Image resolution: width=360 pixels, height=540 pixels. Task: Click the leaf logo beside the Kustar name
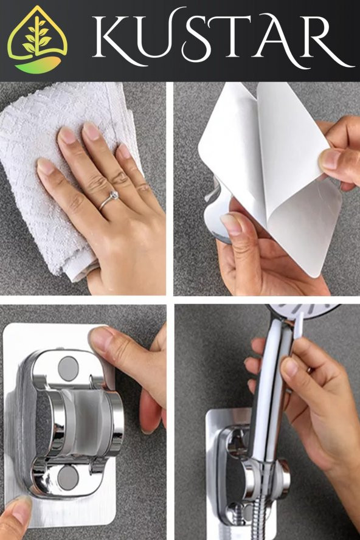37,40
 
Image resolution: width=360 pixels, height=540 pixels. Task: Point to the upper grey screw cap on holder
68,369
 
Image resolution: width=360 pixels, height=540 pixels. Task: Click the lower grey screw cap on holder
68,479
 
